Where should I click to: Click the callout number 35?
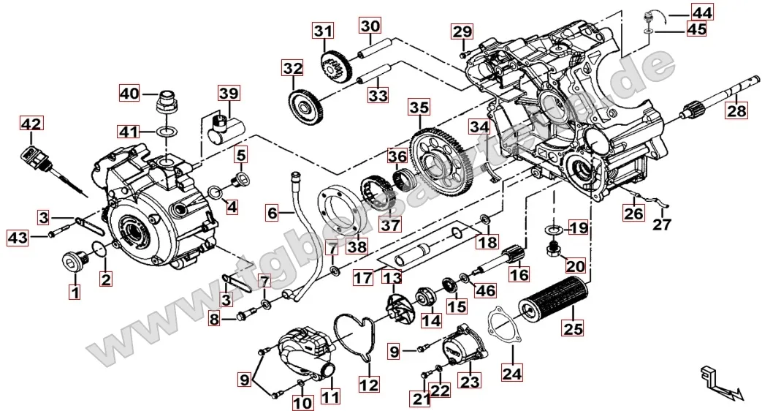coord(418,109)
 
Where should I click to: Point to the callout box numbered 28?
coord(736,110)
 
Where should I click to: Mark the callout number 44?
coord(702,12)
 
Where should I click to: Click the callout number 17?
coord(362,278)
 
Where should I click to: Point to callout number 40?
coord(129,94)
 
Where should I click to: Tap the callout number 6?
coord(272,214)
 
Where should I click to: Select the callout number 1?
coord(73,293)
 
